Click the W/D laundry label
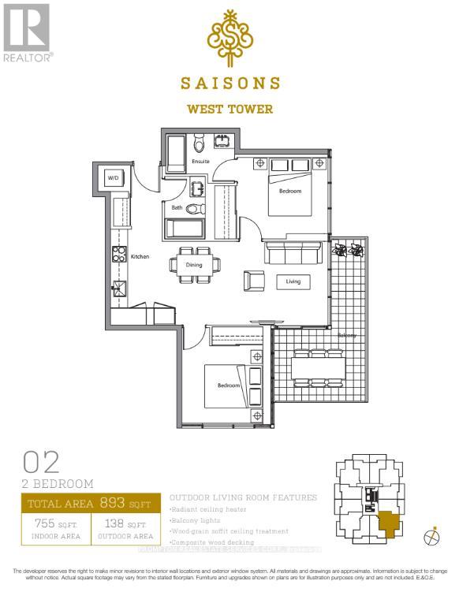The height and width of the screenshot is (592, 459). [112, 178]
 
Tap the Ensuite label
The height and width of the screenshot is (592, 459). [200, 162]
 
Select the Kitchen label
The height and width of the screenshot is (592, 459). [140, 256]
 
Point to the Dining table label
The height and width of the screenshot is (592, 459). [194, 265]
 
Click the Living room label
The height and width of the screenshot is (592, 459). [293, 281]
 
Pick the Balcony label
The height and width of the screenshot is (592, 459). [347, 335]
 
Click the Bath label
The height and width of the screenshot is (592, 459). [178, 208]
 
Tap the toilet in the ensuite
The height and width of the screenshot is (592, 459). [199, 143]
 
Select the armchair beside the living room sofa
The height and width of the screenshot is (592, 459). [254, 280]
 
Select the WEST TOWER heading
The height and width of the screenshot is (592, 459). [229, 110]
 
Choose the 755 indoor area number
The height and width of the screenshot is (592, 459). [44, 524]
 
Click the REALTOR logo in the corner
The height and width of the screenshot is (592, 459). [27, 32]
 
